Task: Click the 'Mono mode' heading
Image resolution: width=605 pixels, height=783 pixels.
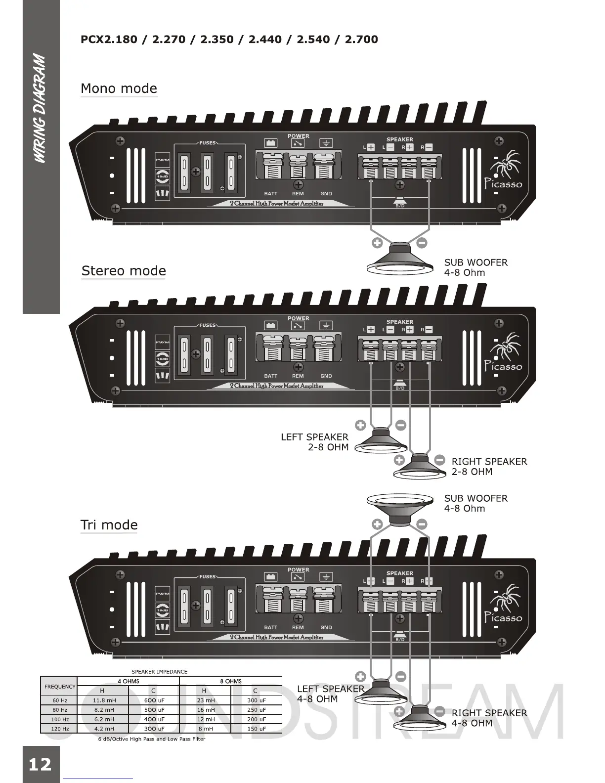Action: coord(119,88)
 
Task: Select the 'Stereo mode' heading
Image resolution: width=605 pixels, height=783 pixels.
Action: coord(124,271)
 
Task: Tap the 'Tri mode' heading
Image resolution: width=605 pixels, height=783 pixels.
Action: coord(109,525)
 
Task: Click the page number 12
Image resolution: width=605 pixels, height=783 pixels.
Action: coord(40,764)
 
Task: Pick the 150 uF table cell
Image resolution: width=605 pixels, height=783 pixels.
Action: coord(256,729)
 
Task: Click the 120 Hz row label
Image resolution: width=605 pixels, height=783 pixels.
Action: coord(60,729)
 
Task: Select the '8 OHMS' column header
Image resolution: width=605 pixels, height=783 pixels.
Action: coord(231,681)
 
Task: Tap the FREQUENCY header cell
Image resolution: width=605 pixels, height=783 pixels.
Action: coord(60,686)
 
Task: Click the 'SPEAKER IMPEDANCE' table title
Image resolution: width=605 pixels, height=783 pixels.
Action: coord(159,672)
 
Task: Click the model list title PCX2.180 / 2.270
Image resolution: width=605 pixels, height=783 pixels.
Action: coord(229,39)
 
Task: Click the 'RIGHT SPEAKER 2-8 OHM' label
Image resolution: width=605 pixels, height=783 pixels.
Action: coord(489,466)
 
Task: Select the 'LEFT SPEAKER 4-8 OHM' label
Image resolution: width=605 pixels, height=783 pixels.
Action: coord(330,694)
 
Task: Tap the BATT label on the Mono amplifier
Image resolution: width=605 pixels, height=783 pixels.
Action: coord(270,194)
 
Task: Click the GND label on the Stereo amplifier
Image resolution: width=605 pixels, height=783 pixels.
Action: coord(326,376)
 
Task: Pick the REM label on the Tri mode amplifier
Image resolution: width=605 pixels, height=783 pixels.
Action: coord(298,627)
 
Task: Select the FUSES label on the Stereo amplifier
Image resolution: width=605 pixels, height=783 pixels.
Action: coord(208,325)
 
